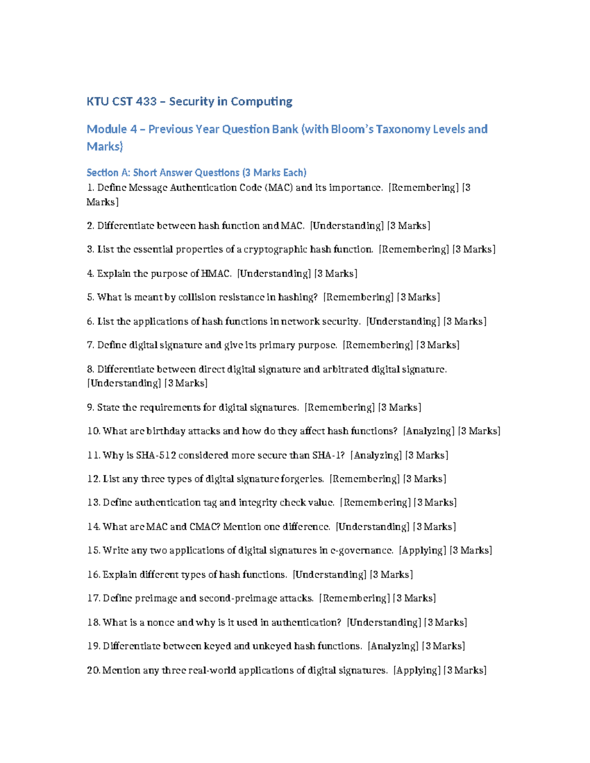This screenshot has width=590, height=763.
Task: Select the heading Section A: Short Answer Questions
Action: click(196, 172)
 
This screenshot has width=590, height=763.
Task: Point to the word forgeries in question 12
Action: click(302, 479)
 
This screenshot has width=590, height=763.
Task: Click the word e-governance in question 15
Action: click(362, 550)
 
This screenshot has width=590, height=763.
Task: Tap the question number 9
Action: click(90, 407)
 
